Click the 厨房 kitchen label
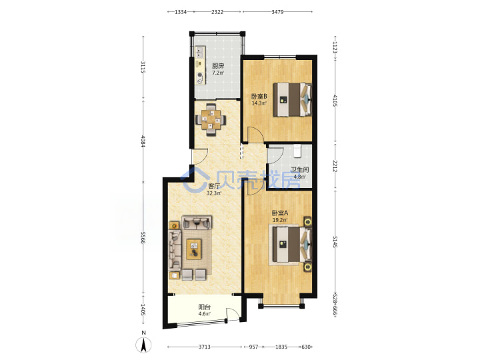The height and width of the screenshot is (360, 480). (x=218, y=66)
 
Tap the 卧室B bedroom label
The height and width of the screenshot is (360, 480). (x=259, y=96)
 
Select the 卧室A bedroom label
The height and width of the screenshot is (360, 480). (x=280, y=213)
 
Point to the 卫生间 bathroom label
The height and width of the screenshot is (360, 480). (x=300, y=169)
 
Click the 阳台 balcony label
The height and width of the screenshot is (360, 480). (x=204, y=307)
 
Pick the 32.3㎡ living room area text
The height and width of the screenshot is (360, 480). (x=214, y=193)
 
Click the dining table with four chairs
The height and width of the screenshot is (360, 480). (x=211, y=120)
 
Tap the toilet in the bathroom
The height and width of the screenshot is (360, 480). (x=297, y=151)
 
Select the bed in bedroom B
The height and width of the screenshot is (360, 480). (x=293, y=99)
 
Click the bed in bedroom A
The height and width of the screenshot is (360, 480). (x=291, y=244)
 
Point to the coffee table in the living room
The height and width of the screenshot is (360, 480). (x=194, y=249)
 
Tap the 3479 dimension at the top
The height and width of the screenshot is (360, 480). (x=277, y=12)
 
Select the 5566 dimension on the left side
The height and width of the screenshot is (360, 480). (x=143, y=237)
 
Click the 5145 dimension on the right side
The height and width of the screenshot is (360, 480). (x=335, y=242)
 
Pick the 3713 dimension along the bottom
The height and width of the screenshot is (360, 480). (x=205, y=347)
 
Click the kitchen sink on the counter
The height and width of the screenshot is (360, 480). (x=199, y=53)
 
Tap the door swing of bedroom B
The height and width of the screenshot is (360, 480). (x=255, y=135)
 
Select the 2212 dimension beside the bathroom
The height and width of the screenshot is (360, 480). (x=335, y=166)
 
